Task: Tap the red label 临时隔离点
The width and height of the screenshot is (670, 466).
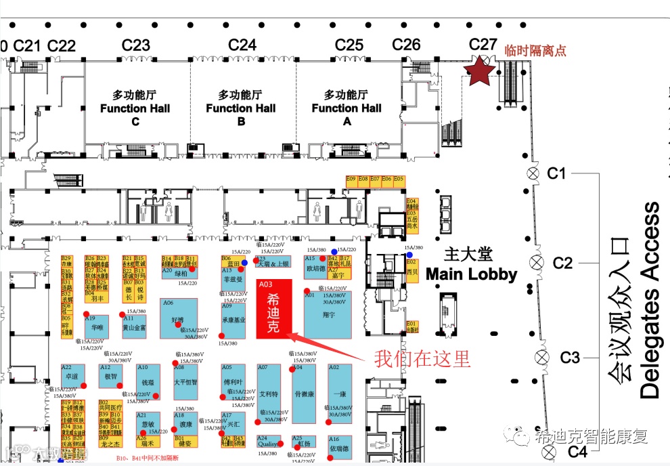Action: coord(535,51)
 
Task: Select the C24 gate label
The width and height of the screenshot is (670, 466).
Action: coord(242,45)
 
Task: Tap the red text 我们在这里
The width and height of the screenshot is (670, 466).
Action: coord(422,358)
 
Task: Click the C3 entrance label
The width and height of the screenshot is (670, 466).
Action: coord(569,358)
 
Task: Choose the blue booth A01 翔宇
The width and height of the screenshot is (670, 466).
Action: coord(328,316)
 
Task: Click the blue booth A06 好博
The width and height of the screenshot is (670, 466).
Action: coord(178,319)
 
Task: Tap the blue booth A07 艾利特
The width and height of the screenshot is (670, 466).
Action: coord(269,393)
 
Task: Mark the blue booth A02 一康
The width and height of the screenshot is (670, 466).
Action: coord(340,393)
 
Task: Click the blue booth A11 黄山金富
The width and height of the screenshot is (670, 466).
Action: coord(133,324)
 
